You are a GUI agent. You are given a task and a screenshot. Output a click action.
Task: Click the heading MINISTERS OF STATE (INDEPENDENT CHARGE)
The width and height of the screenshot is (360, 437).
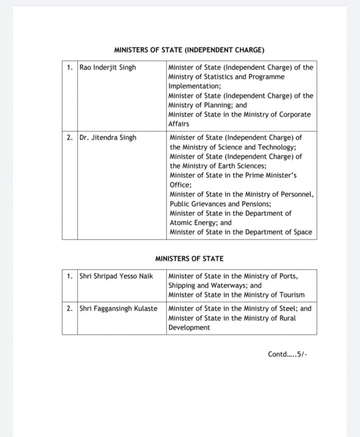click(x=189, y=50)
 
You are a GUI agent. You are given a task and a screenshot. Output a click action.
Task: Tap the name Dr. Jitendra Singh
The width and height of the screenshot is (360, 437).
click(x=108, y=137)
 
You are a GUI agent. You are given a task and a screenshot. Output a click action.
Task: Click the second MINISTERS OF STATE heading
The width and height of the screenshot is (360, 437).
click(x=189, y=259)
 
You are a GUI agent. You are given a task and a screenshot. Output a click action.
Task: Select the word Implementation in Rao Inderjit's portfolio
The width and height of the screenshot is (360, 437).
click(x=188, y=86)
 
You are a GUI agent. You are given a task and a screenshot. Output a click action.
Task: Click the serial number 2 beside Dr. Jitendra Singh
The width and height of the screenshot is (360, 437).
click(x=70, y=137)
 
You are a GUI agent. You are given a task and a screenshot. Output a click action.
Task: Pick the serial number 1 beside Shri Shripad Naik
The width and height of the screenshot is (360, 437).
click(x=70, y=276)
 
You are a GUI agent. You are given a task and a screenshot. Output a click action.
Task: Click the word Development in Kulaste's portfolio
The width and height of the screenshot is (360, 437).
click(x=189, y=328)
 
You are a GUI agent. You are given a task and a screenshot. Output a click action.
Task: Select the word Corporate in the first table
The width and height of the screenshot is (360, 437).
click(x=294, y=114)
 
